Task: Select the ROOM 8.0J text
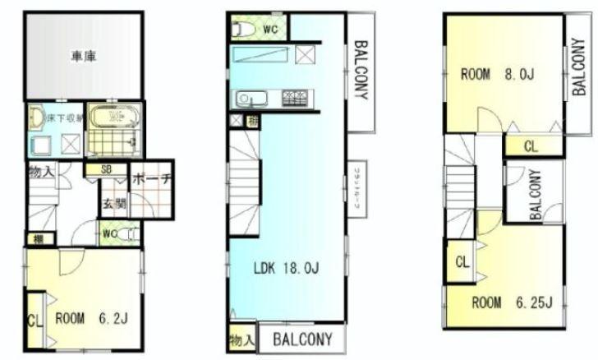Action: [x=497, y=76]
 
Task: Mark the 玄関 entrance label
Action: [x=113, y=202]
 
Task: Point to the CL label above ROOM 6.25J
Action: [x=462, y=262]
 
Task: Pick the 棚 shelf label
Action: [x=39, y=240]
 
